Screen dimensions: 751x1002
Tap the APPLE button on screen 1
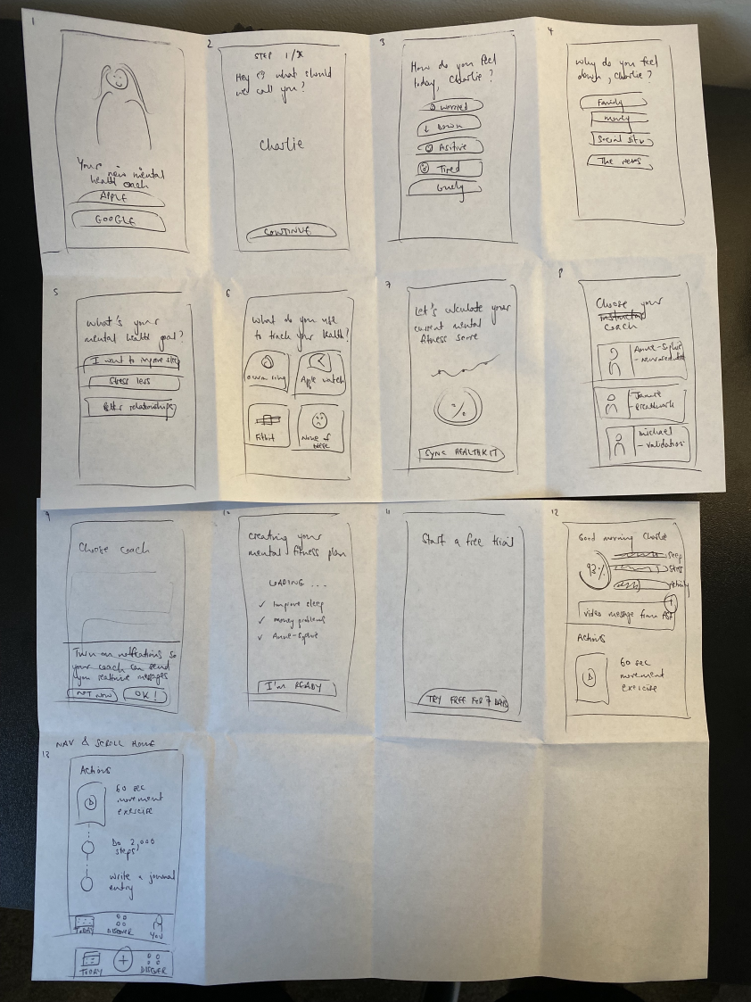(x=120, y=199)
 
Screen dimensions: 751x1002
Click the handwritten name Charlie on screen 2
(x=281, y=145)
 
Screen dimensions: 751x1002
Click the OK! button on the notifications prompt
(x=144, y=695)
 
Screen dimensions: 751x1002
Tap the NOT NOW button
(x=93, y=695)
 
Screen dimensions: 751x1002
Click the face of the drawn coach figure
(x=117, y=79)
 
